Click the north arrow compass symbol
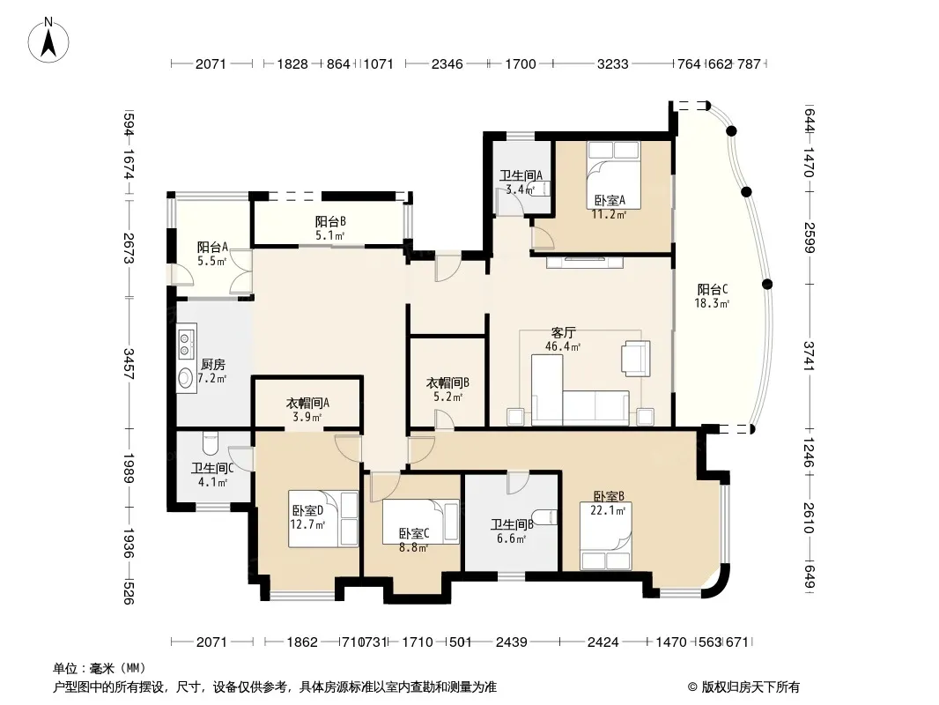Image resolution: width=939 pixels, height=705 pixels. (x=48, y=40)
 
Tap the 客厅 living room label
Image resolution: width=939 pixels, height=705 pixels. (x=564, y=332)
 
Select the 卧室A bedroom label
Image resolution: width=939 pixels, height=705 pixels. (x=610, y=201)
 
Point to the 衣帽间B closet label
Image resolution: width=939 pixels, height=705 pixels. (x=447, y=382)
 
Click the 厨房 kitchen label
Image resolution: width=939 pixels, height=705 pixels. (x=212, y=364)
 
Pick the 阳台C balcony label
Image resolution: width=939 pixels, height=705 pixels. (x=713, y=289)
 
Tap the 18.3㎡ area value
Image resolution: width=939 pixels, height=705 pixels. (x=712, y=304)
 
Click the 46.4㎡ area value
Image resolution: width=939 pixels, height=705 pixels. (x=563, y=347)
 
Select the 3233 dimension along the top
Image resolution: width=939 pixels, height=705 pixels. (x=612, y=64)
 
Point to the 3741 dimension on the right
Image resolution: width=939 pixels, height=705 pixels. (x=809, y=356)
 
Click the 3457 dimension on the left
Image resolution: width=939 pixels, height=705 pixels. (x=129, y=364)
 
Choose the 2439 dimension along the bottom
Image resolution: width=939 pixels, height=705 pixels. (x=512, y=642)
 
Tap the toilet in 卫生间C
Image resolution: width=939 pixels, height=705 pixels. (x=211, y=442)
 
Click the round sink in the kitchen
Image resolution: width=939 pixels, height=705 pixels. (x=186, y=378)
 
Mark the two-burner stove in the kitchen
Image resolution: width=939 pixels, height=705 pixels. (x=186, y=343)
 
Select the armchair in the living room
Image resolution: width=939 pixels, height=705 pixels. (x=636, y=358)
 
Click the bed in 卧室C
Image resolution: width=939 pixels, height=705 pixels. (x=421, y=522)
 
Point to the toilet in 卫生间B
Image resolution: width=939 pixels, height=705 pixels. (x=545, y=517)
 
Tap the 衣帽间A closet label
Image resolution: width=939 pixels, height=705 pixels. (x=307, y=403)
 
